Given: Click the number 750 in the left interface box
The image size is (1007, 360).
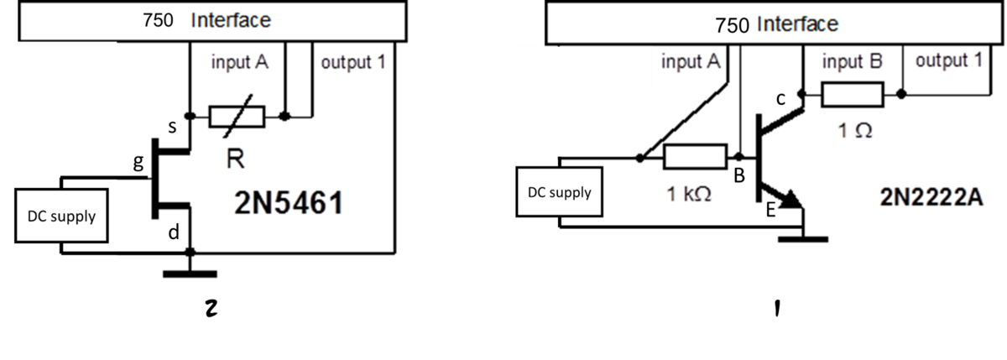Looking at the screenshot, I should click(x=158, y=21).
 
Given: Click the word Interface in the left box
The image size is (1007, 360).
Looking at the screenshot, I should click(x=231, y=21).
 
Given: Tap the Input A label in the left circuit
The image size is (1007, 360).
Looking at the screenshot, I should click(x=240, y=63).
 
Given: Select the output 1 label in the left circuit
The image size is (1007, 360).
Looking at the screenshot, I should click(x=352, y=63).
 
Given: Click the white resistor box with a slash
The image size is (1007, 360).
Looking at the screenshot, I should click(x=237, y=117).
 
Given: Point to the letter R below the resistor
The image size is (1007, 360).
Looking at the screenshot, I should click(x=236, y=159).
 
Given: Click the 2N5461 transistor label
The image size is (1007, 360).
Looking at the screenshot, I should click(x=288, y=204).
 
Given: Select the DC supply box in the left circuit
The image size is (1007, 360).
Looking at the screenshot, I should click(x=61, y=217).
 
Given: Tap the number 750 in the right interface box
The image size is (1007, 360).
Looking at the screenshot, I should click(x=733, y=25).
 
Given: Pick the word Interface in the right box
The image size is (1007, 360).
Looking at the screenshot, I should click(x=798, y=24).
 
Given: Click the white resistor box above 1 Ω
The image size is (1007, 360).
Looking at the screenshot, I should click(x=853, y=95).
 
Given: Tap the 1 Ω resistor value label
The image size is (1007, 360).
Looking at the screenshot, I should click(x=855, y=131).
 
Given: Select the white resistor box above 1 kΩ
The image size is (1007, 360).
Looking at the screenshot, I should click(x=695, y=157).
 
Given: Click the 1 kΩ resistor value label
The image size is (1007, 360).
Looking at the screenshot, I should click(x=689, y=196).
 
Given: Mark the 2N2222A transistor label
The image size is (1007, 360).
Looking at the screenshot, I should click(x=931, y=198).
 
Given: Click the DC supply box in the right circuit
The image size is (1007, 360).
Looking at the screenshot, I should click(x=559, y=192).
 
